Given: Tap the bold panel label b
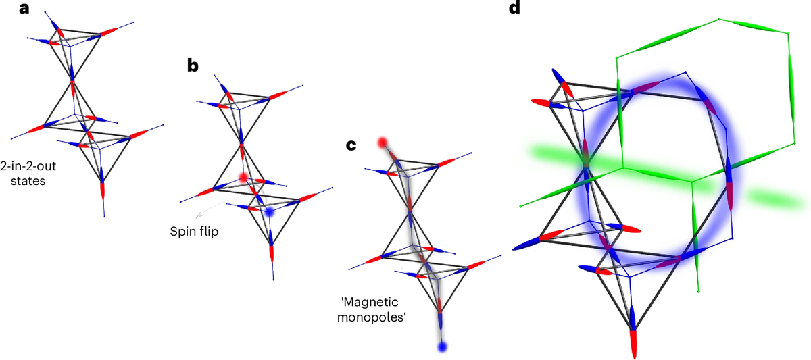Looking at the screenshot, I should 193,66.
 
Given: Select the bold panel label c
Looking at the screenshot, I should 350,145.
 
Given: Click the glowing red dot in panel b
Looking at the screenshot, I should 243,178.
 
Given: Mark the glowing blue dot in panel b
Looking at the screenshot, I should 269,211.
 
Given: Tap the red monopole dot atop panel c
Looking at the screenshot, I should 383,143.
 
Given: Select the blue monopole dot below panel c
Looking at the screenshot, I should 442,347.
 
